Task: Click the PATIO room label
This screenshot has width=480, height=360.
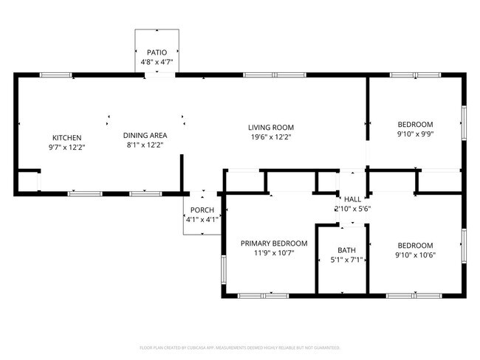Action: (156, 52)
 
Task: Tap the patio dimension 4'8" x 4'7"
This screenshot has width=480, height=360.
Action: (156, 63)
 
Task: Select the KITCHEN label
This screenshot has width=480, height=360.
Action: (66, 138)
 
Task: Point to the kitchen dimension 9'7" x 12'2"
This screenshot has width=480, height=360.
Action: (66, 148)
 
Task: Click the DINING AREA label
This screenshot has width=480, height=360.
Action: (145, 135)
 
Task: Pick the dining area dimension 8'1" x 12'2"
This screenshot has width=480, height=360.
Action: (145, 145)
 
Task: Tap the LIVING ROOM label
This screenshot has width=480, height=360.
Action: (271, 128)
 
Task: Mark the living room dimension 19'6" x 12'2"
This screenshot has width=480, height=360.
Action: (271, 137)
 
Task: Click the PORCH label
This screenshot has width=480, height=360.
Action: (202, 210)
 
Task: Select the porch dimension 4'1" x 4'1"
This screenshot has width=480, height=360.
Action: (202, 219)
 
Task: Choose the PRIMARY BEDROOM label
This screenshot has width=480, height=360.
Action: (274, 243)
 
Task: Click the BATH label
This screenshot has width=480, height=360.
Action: (346, 250)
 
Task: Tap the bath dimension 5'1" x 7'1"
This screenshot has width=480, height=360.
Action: (346, 260)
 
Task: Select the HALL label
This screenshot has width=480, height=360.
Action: (352, 199)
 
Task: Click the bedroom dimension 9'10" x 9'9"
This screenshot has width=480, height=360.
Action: (415, 135)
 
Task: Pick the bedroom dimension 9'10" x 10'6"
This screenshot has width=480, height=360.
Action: (415, 256)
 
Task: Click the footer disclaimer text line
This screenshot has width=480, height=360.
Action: (240, 347)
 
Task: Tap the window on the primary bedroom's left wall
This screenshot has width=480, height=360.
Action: (223, 269)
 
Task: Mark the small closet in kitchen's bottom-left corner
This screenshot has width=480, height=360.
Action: (29, 181)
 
